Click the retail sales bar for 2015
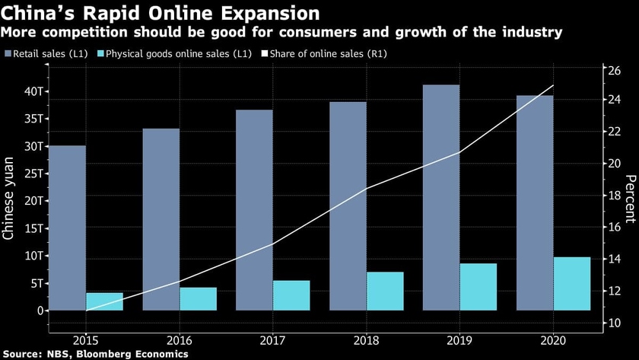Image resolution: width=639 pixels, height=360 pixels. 67,228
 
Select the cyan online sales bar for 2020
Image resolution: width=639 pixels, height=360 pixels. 572,284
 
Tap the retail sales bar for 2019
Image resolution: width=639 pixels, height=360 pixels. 441,197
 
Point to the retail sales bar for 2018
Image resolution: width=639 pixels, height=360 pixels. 348,205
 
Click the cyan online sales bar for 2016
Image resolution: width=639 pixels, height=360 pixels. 198,298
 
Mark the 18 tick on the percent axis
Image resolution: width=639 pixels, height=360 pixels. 615,196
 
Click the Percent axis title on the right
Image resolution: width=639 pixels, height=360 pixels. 630,198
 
